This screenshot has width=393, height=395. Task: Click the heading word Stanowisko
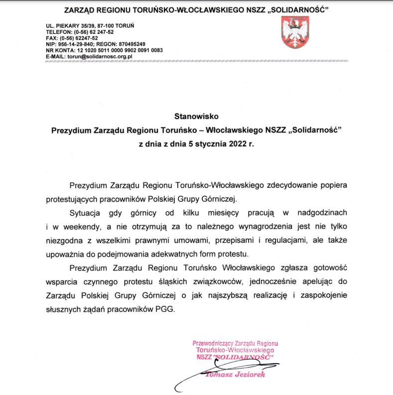tap(196, 117)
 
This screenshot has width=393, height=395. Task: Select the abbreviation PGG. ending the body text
tap(167, 308)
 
